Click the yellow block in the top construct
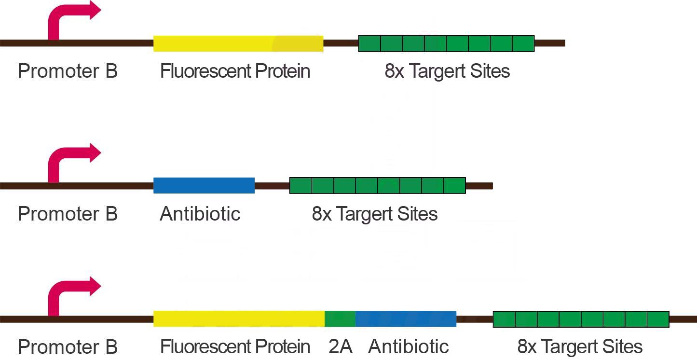coord(238,43)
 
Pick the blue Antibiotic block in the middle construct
coord(204,186)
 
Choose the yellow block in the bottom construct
coord(239,319)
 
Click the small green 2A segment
coord(340,319)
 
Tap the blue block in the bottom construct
coord(406,319)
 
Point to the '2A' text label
coord(341,346)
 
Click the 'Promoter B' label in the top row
coord(68,71)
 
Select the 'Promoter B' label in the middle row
coord(68,214)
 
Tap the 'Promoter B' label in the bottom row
coord(68,347)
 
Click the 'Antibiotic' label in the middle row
coord(200,214)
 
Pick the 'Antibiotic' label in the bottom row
coord(408,346)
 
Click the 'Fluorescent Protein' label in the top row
coord(235,71)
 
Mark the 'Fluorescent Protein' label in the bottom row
coord(235,346)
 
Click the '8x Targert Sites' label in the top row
coord(447,71)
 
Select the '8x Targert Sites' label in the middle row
coord(375,214)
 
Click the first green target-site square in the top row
coord(369,43)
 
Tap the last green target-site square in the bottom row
coord(658,319)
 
